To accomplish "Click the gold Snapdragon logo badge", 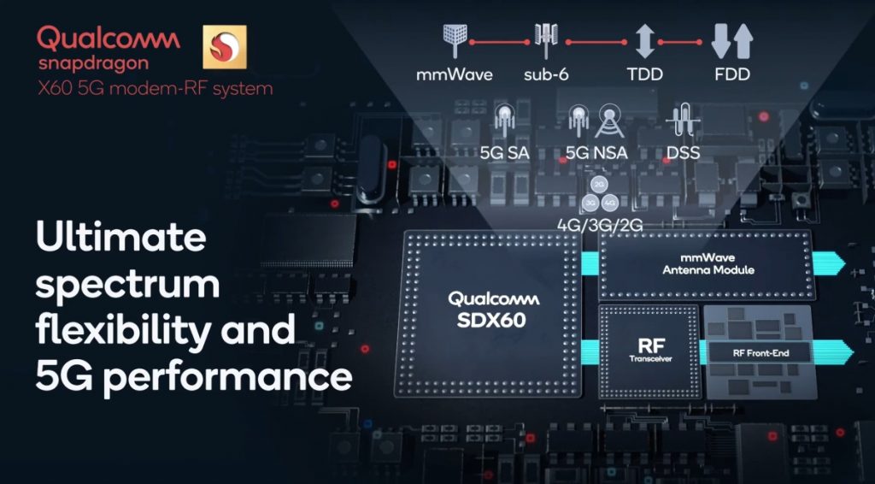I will click(x=224, y=47).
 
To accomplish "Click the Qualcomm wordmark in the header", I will click(x=109, y=38).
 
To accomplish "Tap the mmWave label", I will click(x=455, y=74).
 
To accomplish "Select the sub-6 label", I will click(x=547, y=74).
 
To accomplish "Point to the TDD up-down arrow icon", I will click(x=645, y=41).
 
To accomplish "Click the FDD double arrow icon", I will click(x=732, y=41).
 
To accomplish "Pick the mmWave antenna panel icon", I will click(x=454, y=39).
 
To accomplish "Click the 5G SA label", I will click(x=504, y=153).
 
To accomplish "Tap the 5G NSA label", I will click(x=597, y=153).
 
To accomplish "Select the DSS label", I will click(x=683, y=153).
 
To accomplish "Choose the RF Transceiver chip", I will click(x=649, y=350).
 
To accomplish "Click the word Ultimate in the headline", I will click(x=121, y=238).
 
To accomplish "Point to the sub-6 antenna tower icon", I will click(x=546, y=39).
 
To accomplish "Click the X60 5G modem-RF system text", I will click(x=155, y=87).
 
